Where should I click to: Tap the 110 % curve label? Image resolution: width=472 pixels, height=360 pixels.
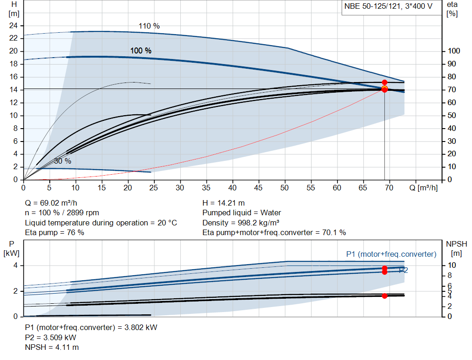[149, 26]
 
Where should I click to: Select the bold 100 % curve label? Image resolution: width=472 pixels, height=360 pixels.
[141, 51]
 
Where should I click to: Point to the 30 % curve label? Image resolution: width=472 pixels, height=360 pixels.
[63, 161]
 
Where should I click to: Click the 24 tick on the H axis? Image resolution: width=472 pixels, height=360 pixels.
[13, 25]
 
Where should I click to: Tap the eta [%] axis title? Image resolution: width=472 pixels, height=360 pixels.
[452, 9]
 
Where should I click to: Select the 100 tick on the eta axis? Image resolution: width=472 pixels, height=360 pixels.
[454, 51]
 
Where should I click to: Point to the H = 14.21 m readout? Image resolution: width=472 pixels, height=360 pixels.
[224, 203]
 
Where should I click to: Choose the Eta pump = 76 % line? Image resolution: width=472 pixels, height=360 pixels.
[54, 232]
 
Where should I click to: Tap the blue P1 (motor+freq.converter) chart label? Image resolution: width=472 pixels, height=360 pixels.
[391, 254]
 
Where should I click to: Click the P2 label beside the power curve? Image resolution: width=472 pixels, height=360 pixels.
[403, 271]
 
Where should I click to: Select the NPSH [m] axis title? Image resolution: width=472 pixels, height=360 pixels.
[456, 248]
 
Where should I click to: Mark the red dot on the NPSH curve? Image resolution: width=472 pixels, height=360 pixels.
[384, 296]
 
